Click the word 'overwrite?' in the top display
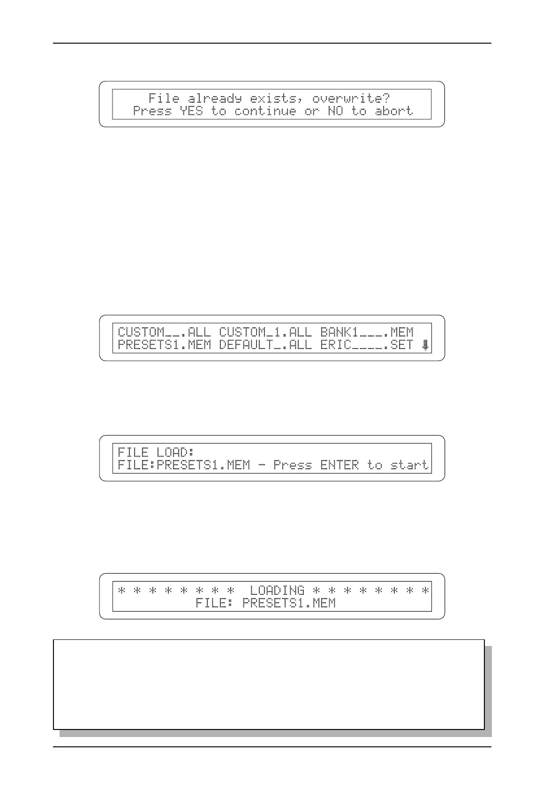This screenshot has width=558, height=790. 351,98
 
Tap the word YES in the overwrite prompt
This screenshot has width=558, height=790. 191,111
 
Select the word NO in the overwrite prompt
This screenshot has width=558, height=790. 335,111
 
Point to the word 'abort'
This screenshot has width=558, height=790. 394,111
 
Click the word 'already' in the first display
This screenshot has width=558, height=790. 215,98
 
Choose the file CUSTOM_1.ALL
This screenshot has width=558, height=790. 265,332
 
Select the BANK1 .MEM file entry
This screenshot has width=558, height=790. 367,332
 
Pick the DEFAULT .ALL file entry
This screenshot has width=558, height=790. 265,345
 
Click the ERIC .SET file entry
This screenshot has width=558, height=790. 367,345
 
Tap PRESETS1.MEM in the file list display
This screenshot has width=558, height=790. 164,345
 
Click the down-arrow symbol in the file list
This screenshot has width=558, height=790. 425,346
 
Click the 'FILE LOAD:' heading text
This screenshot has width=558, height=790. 156,452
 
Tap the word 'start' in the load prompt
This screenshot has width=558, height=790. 409,465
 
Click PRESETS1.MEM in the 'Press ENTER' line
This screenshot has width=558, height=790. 203,465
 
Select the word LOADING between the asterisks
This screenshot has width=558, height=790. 277,590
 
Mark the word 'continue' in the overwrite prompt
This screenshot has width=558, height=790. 265,111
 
